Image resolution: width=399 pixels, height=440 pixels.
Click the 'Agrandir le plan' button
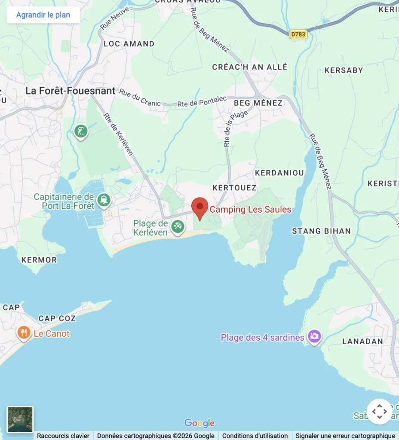43,15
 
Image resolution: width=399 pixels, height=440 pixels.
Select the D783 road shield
298,34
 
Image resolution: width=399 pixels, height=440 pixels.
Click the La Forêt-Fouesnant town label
71,91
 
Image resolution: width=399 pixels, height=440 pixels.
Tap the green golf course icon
81,131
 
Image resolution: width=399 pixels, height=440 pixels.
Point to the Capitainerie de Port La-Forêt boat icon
104,200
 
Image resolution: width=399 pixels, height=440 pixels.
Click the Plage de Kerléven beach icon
178,226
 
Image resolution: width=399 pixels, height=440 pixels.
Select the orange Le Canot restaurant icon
23,333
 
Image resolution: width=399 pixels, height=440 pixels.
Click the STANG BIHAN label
321,231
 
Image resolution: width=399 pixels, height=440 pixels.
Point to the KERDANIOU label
279,173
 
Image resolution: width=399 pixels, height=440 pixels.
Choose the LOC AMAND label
129,44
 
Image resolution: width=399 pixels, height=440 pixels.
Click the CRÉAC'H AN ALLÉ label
250,67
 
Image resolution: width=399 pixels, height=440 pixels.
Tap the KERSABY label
344,70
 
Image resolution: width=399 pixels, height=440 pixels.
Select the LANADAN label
362,341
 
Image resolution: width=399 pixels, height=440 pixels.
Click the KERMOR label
39,260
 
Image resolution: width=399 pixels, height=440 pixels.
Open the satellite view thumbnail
20,419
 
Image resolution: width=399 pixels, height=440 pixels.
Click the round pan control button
379,411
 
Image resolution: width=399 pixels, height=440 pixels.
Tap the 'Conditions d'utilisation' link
255,436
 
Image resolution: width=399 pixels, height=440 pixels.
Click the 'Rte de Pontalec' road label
196,104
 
